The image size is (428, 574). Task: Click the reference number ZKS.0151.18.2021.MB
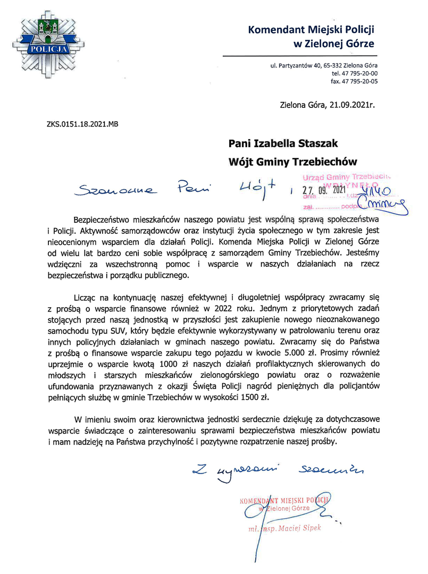click(82, 124)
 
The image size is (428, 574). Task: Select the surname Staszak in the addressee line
click(312, 143)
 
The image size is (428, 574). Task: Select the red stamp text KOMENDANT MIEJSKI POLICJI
click(285, 500)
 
